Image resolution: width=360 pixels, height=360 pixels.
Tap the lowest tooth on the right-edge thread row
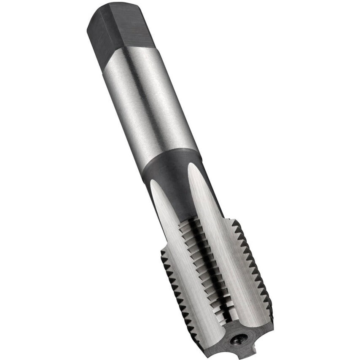[270, 312]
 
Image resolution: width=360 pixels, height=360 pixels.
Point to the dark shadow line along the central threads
[211, 270]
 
